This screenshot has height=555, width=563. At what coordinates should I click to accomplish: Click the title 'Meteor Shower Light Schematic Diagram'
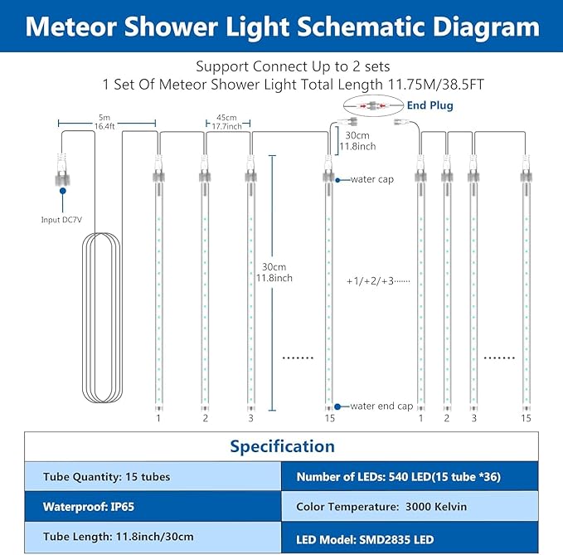click(x=281, y=27)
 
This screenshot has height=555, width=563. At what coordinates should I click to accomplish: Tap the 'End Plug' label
click(x=430, y=106)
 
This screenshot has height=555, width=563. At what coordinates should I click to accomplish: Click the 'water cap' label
click(x=371, y=178)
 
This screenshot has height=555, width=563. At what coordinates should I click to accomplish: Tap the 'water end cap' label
click(x=381, y=406)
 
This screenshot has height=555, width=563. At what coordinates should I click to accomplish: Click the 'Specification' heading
click(x=282, y=446)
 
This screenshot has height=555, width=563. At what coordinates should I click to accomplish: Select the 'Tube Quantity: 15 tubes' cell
click(x=153, y=477)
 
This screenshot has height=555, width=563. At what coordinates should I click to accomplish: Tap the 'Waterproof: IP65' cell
click(x=153, y=506)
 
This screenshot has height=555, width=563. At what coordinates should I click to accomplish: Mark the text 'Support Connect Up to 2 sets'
click(x=281, y=66)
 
